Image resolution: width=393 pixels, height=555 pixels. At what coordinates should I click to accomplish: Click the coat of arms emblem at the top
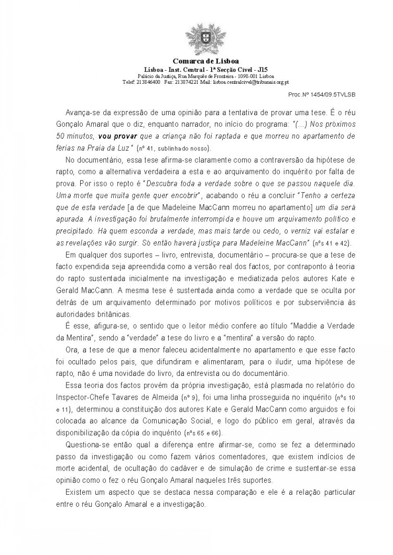pyautogui.click(x=196, y=39)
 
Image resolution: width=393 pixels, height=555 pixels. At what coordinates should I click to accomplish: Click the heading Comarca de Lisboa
pyautogui.click(x=196, y=62)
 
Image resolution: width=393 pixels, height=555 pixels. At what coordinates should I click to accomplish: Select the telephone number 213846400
pyautogui.click(x=148, y=82)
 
